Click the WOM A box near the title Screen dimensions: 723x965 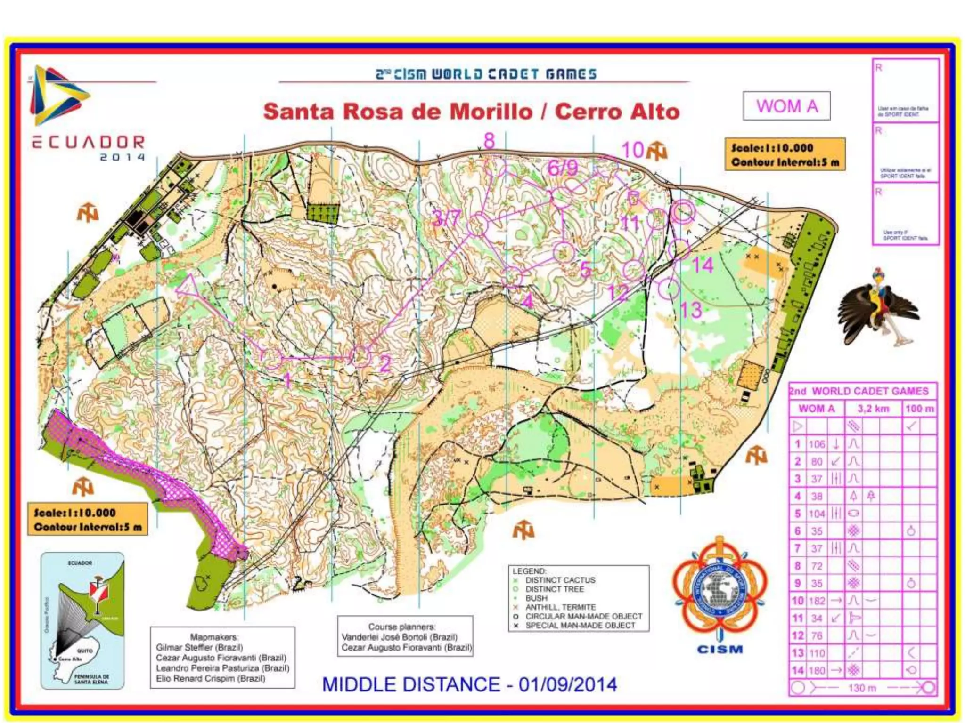pyautogui.click(x=786, y=106)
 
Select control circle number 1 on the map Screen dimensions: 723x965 pyautogui.click(x=271, y=358)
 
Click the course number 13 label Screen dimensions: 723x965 pyautogui.click(x=691, y=310)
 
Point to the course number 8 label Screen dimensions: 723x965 pyautogui.click(x=489, y=141)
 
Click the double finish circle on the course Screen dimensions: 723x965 pyautogui.click(x=683, y=212)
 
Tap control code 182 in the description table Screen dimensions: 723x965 pyautogui.click(x=817, y=601)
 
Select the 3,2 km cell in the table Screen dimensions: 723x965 pyautogui.click(x=873, y=409)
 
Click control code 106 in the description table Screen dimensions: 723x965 pyautogui.click(x=817, y=444)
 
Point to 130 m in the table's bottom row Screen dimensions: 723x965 pyautogui.click(x=862, y=688)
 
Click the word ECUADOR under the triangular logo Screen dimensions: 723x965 pyautogui.click(x=89, y=142)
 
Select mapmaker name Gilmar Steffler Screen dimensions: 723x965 pyautogui.click(x=199, y=647)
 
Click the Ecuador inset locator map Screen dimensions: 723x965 pyautogui.click(x=83, y=620)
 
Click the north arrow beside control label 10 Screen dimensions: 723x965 pyautogui.click(x=657, y=151)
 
